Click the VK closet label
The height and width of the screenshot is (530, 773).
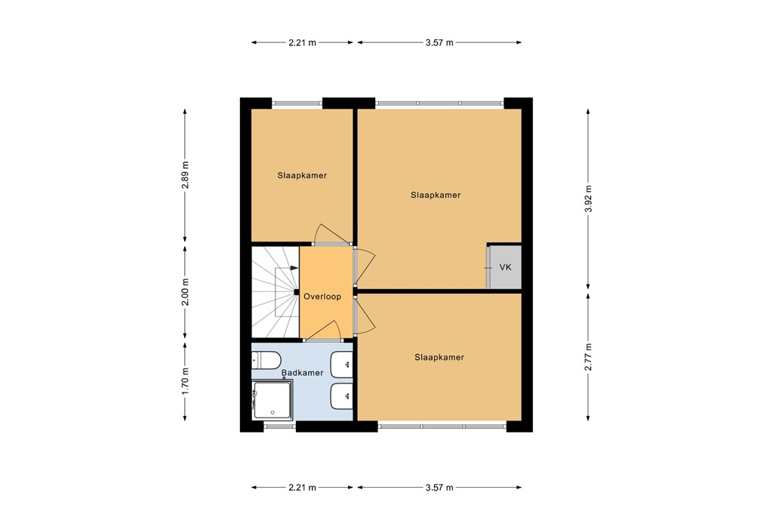coord(505,267)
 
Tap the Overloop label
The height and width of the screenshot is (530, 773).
coord(322,296)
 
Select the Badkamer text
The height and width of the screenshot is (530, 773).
coord(302,373)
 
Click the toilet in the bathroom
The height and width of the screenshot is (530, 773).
coord(266,360)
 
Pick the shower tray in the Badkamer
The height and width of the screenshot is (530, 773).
coord(272,399)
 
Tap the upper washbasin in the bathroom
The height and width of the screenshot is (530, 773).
coord(341,365)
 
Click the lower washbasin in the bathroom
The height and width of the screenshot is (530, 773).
coord(341,396)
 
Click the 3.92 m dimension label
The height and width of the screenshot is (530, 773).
coord(588,199)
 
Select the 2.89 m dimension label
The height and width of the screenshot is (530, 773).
coord(185,175)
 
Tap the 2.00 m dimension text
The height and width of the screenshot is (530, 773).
coord(185,292)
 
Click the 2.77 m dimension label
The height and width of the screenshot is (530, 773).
coord(588,357)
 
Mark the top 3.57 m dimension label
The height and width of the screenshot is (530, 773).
coord(439,42)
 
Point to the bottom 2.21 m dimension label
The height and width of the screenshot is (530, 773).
coord(302,488)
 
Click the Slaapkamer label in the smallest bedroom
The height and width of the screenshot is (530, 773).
coord(302,175)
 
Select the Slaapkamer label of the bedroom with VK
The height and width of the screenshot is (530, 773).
coord(436,196)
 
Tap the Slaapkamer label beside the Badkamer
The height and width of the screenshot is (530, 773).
coord(439,357)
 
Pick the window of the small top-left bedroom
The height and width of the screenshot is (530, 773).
coord(297,103)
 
